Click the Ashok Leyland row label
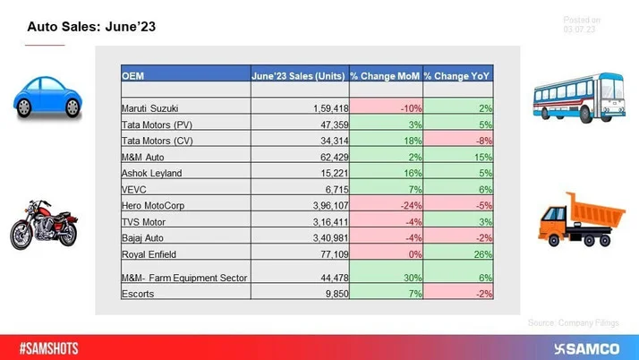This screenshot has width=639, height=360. click(151, 172)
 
